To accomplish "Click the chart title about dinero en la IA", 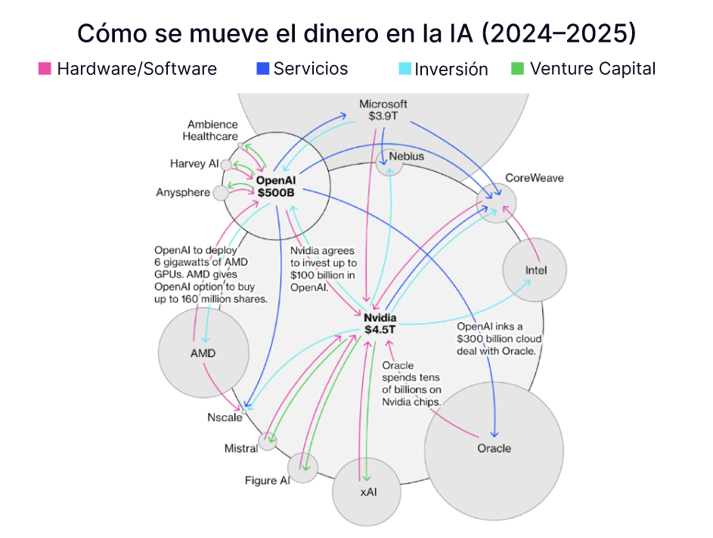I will tap(356, 34).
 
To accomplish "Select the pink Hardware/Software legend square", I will tap(45, 69).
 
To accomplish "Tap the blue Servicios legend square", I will tap(262, 69).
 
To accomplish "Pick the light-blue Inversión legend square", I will tap(405, 69).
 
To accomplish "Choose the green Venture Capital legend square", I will tap(518, 69).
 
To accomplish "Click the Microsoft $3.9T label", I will tap(383, 110).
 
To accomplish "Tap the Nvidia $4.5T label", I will tap(380, 324).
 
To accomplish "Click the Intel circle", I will tap(535, 270).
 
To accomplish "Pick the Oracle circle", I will tap(494, 448).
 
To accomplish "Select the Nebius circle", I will tap(389, 160).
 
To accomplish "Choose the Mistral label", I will tap(240, 448).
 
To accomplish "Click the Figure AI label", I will tap(267, 480).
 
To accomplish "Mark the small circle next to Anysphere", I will tap(221, 193).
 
